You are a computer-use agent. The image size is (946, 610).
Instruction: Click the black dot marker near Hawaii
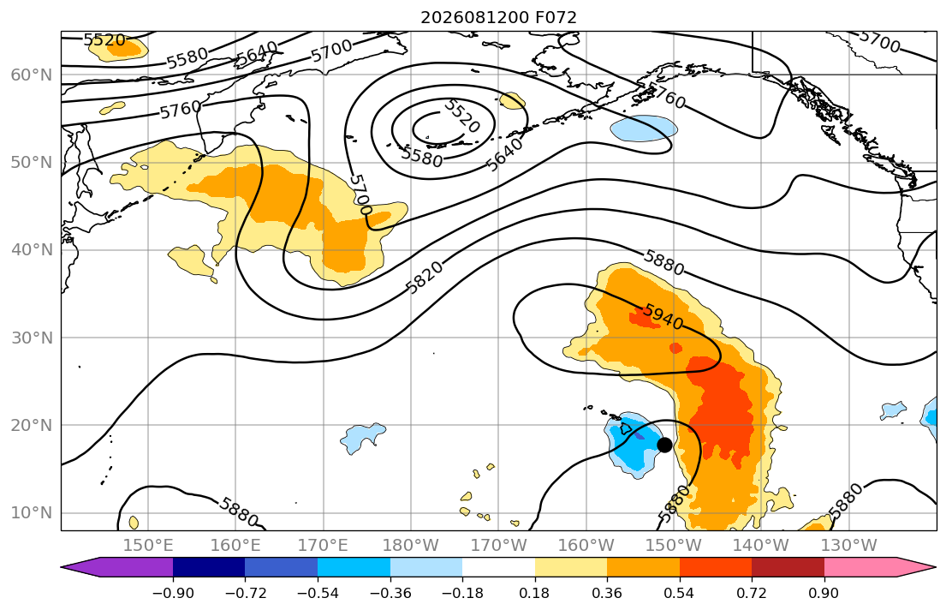(x=664, y=446)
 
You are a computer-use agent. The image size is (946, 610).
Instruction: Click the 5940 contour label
(x=663, y=316)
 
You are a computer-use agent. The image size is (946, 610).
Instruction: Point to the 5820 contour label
(x=425, y=278)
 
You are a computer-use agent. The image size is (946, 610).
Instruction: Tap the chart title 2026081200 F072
(x=498, y=17)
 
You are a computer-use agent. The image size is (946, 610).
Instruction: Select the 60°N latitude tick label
(x=32, y=75)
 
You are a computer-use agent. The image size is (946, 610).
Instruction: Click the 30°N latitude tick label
(x=32, y=338)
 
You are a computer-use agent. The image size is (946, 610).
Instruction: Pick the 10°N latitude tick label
(x=32, y=513)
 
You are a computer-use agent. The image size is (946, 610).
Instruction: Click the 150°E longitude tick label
(x=148, y=546)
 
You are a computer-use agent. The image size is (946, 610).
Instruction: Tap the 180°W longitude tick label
(x=411, y=546)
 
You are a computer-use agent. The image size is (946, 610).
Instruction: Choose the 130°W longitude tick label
(x=849, y=546)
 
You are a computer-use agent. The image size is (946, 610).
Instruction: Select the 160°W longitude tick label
(x=586, y=546)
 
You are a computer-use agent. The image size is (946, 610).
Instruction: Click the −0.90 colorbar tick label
(x=173, y=593)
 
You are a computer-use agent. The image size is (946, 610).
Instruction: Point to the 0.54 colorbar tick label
(x=680, y=593)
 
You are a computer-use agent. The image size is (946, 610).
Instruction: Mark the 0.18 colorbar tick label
(x=534, y=593)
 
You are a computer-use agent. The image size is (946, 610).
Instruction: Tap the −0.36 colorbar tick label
(x=390, y=593)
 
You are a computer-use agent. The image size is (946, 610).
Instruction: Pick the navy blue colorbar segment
(x=209, y=567)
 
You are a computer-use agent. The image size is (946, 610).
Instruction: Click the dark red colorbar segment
(x=788, y=567)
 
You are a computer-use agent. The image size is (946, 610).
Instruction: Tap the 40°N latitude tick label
(x=32, y=250)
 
